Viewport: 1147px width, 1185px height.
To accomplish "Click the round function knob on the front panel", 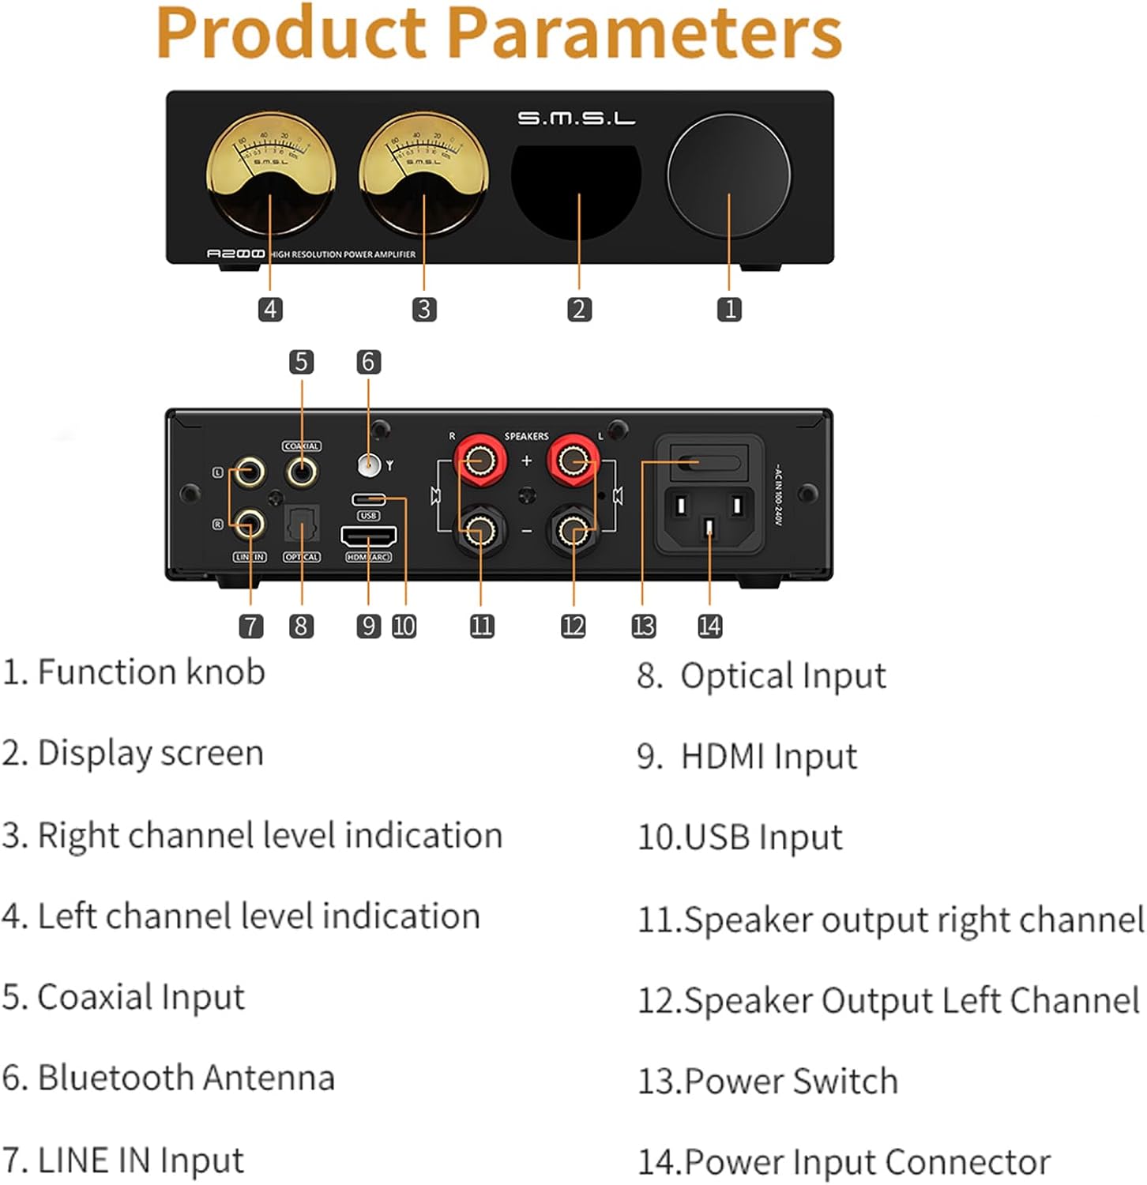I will pyautogui.click(x=728, y=175).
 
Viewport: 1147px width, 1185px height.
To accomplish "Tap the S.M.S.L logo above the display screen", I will pyautogui.click(x=576, y=118).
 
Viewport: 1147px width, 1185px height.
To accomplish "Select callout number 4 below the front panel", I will pyautogui.click(x=270, y=309).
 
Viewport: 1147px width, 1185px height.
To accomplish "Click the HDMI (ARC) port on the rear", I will pyautogui.click(x=368, y=536).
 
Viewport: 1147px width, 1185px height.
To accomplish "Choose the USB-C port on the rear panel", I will pyautogui.click(x=368, y=499).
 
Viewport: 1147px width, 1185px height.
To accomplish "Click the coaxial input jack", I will pyautogui.click(x=301, y=472).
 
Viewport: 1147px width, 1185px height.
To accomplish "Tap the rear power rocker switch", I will pyautogui.click(x=705, y=463).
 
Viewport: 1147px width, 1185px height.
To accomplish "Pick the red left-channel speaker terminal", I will pyautogui.click(x=573, y=460).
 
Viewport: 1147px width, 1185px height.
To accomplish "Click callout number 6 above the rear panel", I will pyautogui.click(x=368, y=362).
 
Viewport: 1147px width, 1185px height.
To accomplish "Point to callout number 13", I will pyautogui.click(x=643, y=626).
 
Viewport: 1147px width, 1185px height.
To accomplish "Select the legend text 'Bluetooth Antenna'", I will pyautogui.click(x=186, y=1078).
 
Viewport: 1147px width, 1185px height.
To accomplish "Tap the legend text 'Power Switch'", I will pyautogui.click(x=791, y=1081).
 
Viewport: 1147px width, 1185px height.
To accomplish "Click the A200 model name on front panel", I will pyautogui.click(x=235, y=254).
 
